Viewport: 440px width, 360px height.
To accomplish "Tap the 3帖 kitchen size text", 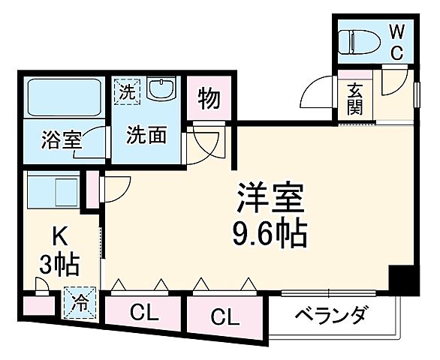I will [59, 265].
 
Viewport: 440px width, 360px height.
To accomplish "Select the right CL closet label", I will [224, 315].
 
